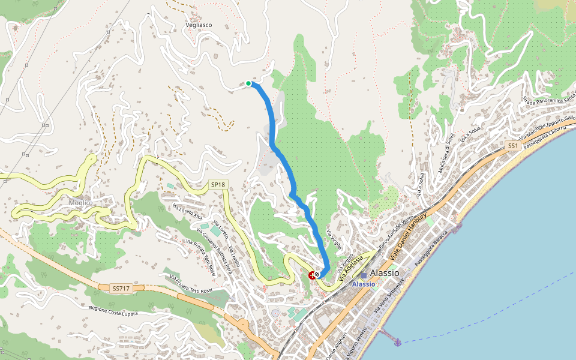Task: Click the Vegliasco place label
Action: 199,25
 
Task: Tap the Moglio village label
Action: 79,203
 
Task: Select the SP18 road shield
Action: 218,184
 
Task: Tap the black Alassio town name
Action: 385,273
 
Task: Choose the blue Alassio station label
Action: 364,284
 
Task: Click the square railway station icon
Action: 364,275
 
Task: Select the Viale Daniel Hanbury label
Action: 408,236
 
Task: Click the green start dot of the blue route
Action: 248,83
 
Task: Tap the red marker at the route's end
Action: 312,275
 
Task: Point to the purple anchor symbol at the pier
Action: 397,342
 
